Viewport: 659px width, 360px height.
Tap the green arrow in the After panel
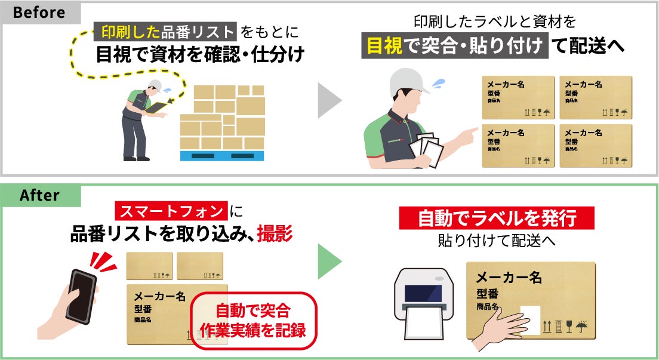coord(329,261)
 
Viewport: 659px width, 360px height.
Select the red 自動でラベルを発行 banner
coord(497,219)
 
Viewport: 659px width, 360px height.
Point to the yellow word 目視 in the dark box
coord(383,46)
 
